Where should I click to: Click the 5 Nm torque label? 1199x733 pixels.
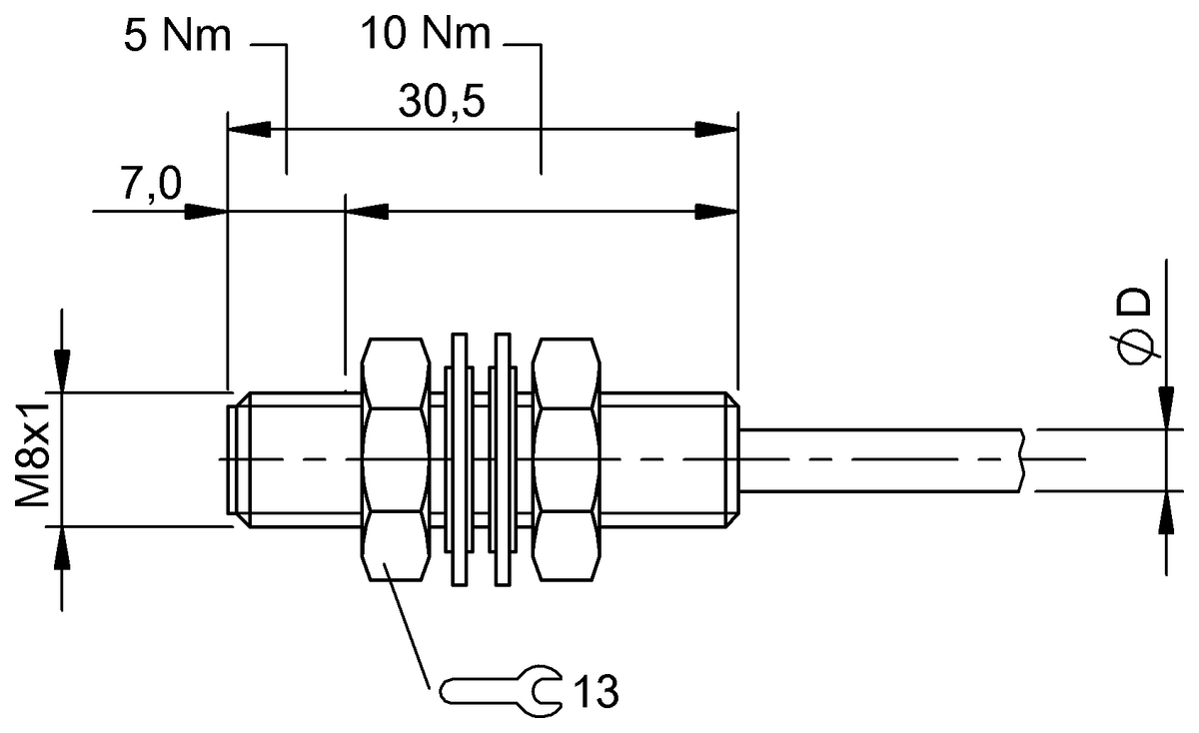pyautogui.click(x=177, y=36)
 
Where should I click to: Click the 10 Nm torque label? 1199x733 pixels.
pyautogui.click(x=428, y=36)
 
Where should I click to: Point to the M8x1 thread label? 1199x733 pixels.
pyautogui.click(x=37, y=457)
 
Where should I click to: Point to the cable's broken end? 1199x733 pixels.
pyautogui.click(x=1023, y=459)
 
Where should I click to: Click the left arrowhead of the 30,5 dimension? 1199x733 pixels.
pyautogui.click(x=249, y=130)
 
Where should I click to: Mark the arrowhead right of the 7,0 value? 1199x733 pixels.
pyautogui.click(x=207, y=211)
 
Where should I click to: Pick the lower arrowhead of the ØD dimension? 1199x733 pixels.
pyautogui.click(x=1166, y=511)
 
